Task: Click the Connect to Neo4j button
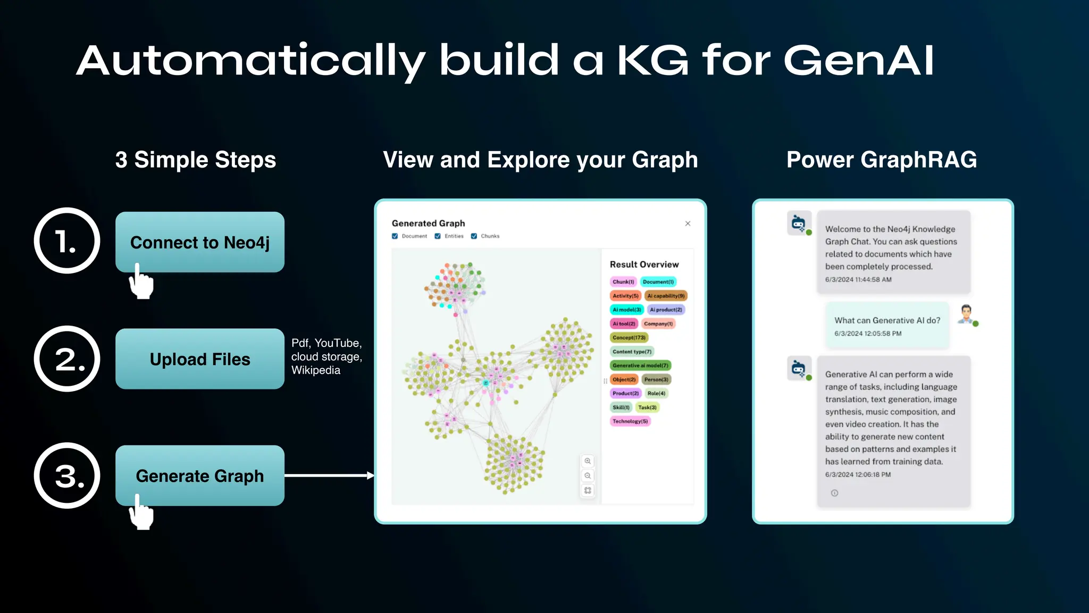coord(199,243)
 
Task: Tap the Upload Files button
coord(199,359)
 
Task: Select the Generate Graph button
coord(199,476)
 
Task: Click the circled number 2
coord(67,359)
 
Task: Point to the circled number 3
coord(67,476)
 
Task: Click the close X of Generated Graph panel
coord(688,223)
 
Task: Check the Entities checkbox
coord(438,236)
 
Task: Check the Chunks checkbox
coord(474,236)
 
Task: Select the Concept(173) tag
coord(629,337)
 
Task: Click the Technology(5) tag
coord(630,421)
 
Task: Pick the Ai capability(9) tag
coord(666,296)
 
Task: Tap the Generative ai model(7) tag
coord(640,366)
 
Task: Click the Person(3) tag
coord(656,379)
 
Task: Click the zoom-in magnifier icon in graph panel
coord(588,461)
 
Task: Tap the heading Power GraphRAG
coord(881,160)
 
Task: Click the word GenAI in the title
coord(858,60)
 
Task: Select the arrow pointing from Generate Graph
coord(330,475)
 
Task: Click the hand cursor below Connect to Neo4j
coord(141,282)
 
